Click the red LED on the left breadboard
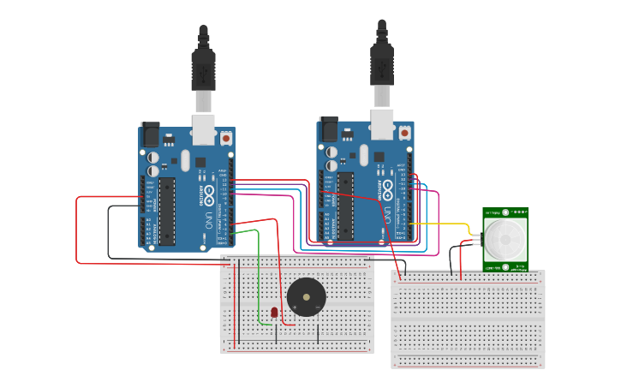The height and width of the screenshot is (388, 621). tap(274, 313)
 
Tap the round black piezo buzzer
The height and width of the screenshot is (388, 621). tap(306, 297)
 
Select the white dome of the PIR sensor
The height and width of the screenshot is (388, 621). tap(505, 239)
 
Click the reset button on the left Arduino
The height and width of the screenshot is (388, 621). tap(226, 137)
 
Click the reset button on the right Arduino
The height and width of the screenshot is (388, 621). tap(404, 133)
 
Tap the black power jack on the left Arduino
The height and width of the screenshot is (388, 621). tap(150, 134)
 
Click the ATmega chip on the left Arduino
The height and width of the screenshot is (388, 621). tap(167, 211)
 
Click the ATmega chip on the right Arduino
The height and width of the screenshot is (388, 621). tap(345, 206)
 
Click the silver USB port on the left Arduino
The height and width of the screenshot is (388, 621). tap(203, 128)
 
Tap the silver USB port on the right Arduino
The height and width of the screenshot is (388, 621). tap(382, 123)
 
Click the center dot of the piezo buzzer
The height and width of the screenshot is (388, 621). tap(306, 297)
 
